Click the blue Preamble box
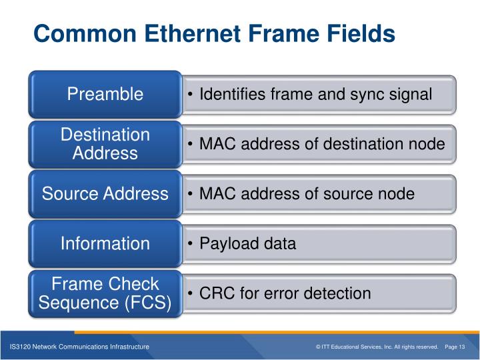click(105, 94)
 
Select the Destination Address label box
click(105, 144)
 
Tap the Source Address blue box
click(105, 194)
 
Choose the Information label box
click(105, 244)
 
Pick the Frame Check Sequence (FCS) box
click(105, 294)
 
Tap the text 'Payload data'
click(247, 244)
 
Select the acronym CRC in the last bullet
click(215, 293)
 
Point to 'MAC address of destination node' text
click(322, 144)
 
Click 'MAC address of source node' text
click(307, 194)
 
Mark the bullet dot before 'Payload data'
click(191, 244)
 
